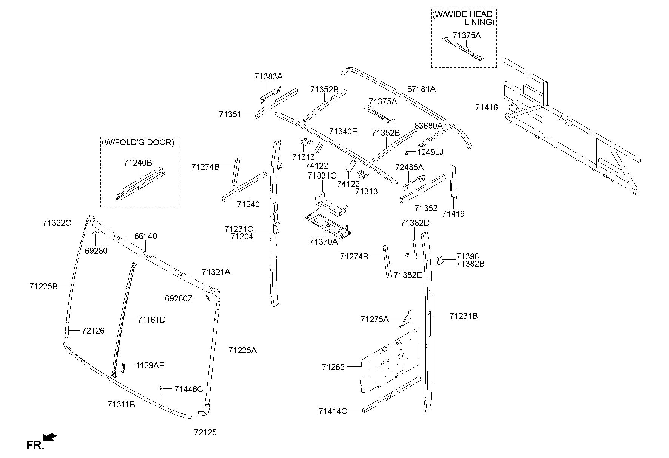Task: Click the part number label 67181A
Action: point(421,89)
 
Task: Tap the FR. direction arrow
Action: point(50,438)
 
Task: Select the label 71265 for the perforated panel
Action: point(333,366)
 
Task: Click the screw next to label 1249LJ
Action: point(407,152)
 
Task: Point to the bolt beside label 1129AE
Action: point(124,366)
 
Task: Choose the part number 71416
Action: point(487,108)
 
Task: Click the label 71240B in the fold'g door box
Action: point(138,163)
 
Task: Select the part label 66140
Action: point(146,236)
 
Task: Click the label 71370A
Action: point(324,242)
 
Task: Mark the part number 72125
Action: point(205,432)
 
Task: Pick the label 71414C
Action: point(333,411)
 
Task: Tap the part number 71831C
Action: point(322,175)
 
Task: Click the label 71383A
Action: point(268,76)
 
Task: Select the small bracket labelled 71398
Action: point(439,260)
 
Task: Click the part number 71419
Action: point(453,214)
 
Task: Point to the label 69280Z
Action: point(179,298)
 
